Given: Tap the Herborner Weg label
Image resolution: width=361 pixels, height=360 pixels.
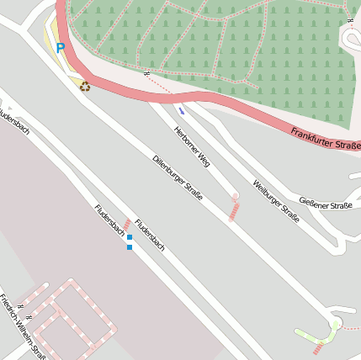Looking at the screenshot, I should click(191, 145).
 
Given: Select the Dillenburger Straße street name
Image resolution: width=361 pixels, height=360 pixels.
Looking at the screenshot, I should click(178, 177).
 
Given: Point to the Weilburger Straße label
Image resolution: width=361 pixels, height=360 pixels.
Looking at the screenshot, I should click(276, 200).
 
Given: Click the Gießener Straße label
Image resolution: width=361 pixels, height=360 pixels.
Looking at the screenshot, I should click(326, 205).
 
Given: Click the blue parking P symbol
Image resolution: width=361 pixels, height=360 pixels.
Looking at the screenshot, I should click(60, 48).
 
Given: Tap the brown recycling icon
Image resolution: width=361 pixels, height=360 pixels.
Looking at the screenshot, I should click(84, 86).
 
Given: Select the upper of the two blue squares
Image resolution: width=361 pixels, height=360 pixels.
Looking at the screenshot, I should click(130, 238).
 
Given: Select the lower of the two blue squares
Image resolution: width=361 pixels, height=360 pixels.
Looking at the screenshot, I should click(130, 247).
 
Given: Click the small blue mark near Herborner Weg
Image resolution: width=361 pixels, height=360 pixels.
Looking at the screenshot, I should click(182, 111).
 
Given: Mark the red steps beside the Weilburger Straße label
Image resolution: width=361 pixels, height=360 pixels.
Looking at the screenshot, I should click(234, 208).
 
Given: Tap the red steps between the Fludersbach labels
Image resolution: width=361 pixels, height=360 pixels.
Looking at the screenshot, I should click(127, 225).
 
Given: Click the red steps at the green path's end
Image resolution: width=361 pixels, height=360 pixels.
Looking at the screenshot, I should click(318, 347).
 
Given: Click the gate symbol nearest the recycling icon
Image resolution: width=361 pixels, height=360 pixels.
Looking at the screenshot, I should click(146, 73).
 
